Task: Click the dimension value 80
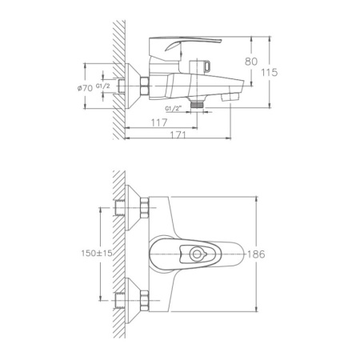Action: [x=251, y=61]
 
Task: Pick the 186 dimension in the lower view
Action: [x=255, y=254]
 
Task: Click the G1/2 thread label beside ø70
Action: [x=103, y=86]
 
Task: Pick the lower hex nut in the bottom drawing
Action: [x=145, y=302]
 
